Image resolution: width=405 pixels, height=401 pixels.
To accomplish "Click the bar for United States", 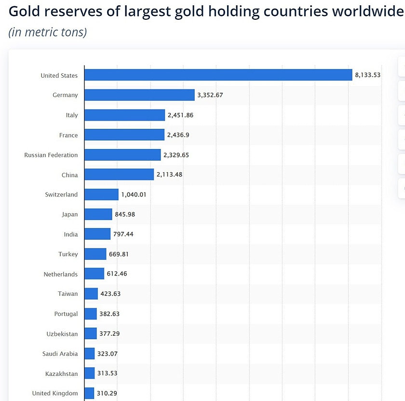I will [218, 75].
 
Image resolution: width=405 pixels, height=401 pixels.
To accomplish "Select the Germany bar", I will [139, 95].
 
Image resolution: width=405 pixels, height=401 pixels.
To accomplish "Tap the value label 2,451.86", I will [180, 115].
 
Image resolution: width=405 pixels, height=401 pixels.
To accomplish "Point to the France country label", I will [68, 136].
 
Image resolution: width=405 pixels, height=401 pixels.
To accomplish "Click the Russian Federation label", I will [51, 155].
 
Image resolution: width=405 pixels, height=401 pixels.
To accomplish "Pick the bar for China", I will [119, 175].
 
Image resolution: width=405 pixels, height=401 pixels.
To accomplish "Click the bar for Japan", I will [98, 214].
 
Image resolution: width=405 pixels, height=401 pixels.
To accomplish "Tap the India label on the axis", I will [71, 235].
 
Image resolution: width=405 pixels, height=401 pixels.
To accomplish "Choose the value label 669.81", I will [119, 254].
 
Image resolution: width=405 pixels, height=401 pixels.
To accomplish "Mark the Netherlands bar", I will [94, 274].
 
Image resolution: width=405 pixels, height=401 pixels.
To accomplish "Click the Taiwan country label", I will [67, 294].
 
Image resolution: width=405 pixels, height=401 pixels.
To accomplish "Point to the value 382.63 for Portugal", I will [109, 314].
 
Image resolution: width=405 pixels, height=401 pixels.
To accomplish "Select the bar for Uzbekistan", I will [91, 333].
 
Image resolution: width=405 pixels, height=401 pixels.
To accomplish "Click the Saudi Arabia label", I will [60, 354].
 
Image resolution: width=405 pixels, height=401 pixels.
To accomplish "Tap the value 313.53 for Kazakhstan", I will [107, 373].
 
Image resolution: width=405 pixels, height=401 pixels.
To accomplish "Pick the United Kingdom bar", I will [89, 393].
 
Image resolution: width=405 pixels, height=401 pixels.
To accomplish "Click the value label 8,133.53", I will [367, 75].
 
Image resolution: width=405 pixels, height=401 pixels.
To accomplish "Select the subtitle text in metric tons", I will [48, 32].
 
